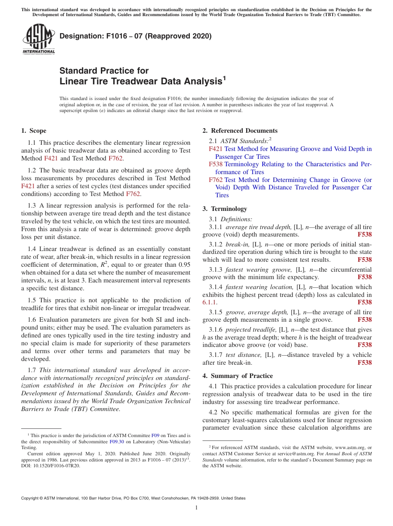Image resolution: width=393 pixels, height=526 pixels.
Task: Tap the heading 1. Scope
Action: [34, 131]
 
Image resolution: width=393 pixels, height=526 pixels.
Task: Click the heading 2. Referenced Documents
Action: [240, 131]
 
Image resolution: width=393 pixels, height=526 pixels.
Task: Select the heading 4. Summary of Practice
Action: [237, 376]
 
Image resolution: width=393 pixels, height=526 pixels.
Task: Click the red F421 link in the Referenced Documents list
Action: [216, 149]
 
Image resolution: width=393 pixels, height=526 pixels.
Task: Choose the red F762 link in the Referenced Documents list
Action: [216, 180]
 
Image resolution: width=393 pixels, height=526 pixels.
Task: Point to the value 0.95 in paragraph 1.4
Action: [183, 265]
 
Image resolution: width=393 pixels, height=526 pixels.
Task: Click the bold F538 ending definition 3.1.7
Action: [364, 363]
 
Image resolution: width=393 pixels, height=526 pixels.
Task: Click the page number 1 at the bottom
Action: [196, 508]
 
